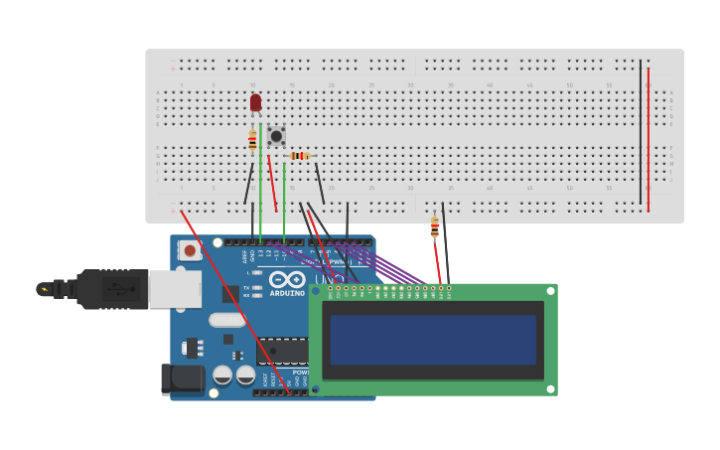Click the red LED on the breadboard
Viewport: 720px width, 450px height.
coord(255,101)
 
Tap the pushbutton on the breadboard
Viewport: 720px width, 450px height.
coord(276,136)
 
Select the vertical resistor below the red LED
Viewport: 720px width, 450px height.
coord(252,140)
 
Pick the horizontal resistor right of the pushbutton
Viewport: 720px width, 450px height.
coord(300,156)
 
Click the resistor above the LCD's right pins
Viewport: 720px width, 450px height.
coord(434,227)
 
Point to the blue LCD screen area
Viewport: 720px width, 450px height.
coord(432,340)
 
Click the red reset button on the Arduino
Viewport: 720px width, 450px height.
coord(190,251)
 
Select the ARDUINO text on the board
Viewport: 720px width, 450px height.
coord(287,293)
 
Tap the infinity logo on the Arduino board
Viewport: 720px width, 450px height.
coord(287,279)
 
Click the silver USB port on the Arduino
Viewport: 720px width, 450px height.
coord(175,288)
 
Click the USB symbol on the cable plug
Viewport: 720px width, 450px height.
coord(116,289)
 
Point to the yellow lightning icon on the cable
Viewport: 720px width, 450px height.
coord(44,290)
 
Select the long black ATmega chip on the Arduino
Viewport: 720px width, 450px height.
coord(283,351)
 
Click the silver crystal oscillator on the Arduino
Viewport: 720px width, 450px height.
coord(226,320)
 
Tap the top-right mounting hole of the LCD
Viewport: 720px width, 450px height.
coord(549,291)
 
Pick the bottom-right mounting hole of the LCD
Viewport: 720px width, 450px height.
coord(549,388)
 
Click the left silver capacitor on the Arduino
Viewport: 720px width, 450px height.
coord(222,375)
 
